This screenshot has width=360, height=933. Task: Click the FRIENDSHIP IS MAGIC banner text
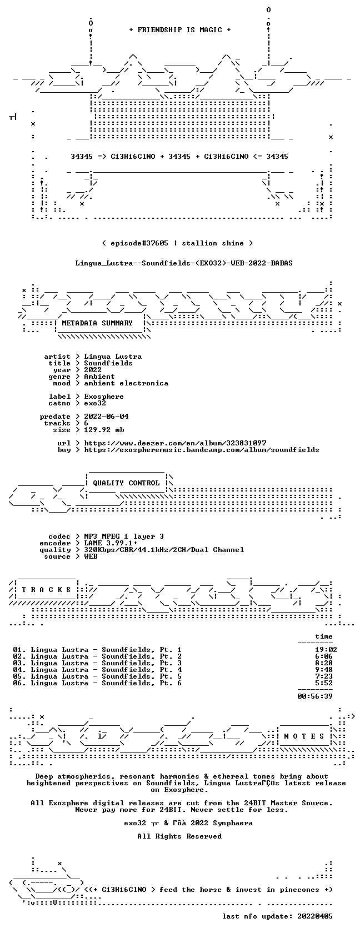[x=179, y=30]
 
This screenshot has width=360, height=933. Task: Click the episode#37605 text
[x=139, y=243]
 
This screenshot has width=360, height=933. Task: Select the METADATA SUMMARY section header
[x=97, y=323]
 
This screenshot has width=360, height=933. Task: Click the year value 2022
[x=92, y=370]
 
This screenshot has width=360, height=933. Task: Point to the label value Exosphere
[x=104, y=397]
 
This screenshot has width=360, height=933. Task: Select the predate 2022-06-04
[x=106, y=417]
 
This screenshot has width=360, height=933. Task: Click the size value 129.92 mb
[x=104, y=430]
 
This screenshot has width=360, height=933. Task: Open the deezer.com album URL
[x=175, y=443]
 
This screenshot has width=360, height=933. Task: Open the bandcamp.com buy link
[x=202, y=450]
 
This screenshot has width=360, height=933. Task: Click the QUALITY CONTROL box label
[x=126, y=483]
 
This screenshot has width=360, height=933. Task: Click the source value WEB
[x=91, y=556]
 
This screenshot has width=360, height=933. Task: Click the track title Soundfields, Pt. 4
[x=142, y=670]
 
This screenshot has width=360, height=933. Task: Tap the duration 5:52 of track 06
[x=324, y=683]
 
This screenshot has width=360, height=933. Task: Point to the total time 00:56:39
[x=315, y=696]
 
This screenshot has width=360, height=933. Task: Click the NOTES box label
[x=304, y=736]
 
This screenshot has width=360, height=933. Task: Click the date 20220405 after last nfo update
[x=315, y=916]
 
